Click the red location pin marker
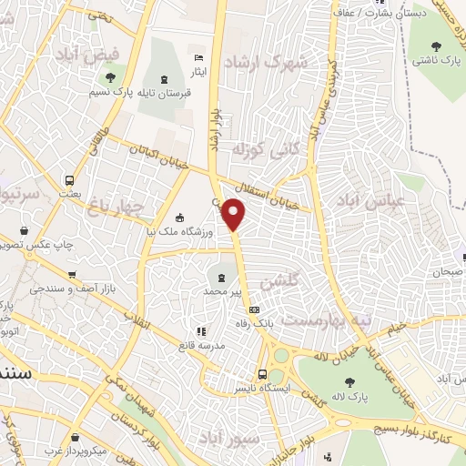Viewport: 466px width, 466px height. pos(234,213)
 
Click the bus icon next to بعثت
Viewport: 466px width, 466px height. pos(70,179)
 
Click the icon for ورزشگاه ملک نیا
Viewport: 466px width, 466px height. pos(180,218)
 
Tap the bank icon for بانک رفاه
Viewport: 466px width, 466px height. pos(253,313)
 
